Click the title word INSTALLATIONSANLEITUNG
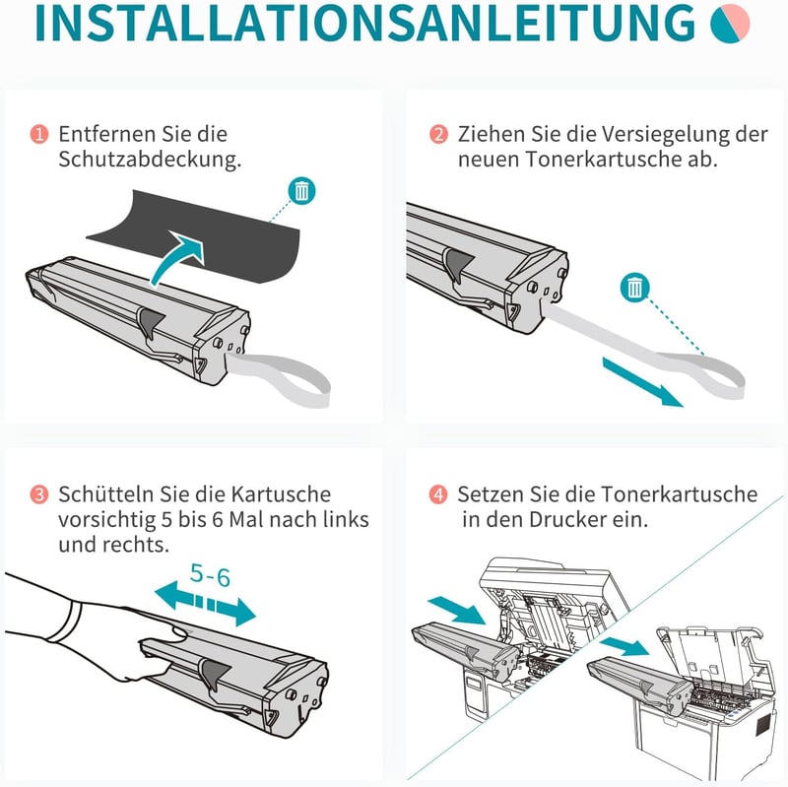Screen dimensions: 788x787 click(364, 23)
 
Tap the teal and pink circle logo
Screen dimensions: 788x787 click(730, 23)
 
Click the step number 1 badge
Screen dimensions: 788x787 click(39, 134)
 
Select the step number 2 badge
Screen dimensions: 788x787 click(438, 134)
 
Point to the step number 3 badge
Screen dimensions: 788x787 click(39, 494)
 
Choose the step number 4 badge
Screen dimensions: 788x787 click(438, 494)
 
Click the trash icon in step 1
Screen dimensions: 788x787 click(301, 191)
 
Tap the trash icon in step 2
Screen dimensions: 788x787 click(634, 288)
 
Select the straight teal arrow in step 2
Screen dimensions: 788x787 click(643, 382)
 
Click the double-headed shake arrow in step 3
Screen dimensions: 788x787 click(205, 603)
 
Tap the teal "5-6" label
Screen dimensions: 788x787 click(210, 575)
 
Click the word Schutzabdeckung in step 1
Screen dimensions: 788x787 click(150, 160)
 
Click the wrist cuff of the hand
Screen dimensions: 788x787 click(64, 622)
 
